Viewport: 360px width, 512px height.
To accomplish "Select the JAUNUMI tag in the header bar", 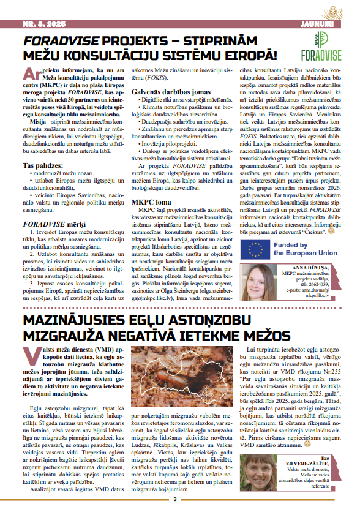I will point(318,24).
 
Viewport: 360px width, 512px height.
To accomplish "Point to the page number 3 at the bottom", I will point(174,499).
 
